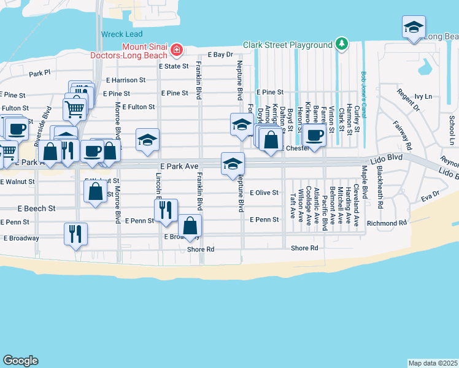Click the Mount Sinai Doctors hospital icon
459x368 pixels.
coord(177,48)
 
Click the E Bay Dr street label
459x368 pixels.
coord(221,55)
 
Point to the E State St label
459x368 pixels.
coord(172,66)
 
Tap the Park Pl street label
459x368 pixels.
coord(40,74)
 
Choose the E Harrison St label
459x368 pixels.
coord(126,80)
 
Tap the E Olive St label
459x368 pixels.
coord(264,193)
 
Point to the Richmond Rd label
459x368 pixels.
coord(387,223)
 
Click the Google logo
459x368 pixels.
coord(20,360)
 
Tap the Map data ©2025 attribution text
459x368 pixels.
coord(432,362)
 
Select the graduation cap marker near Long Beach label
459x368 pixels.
coord(414,28)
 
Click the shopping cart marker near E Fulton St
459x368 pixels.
coord(74,109)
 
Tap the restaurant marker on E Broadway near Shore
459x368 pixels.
coord(76,234)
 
